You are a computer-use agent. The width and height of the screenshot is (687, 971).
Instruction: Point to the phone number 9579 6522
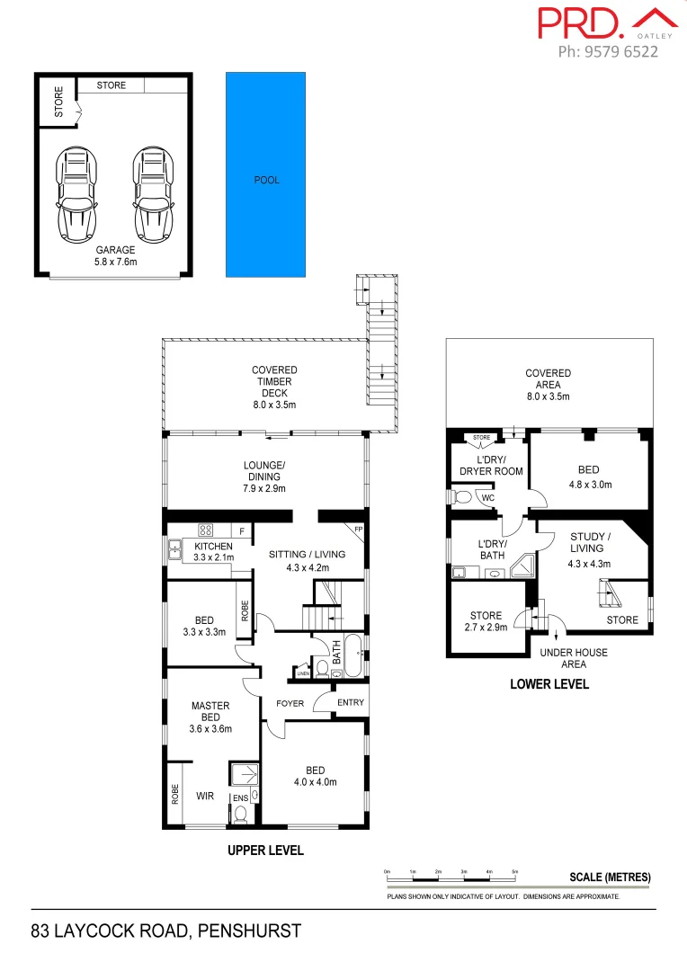coord(608,51)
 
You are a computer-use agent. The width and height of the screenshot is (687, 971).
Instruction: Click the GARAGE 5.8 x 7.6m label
coord(115,255)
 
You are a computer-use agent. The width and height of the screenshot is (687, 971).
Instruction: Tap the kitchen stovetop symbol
coord(205,530)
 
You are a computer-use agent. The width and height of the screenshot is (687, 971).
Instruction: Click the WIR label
coord(205,795)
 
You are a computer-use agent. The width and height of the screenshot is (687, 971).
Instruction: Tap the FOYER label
coord(290,703)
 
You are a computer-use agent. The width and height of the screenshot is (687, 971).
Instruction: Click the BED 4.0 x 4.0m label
coord(315,776)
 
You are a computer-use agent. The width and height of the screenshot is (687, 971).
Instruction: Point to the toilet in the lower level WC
coord(463,496)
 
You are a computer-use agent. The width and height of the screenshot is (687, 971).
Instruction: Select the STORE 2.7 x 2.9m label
coord(486,621)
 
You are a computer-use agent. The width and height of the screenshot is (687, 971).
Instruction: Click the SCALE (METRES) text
coord(609,877)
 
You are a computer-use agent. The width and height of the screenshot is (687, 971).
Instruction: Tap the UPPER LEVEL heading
coord(265,850)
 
